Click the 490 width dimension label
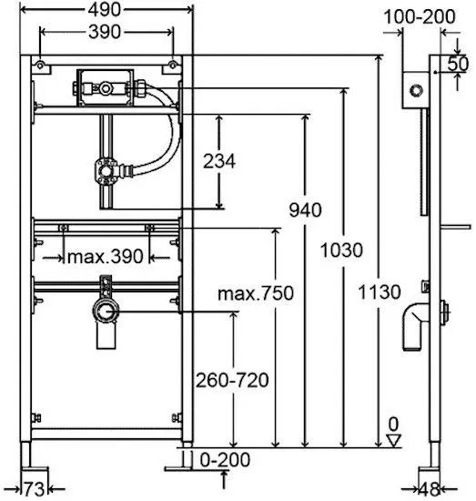pos(105,10)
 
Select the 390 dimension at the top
pos(105,32)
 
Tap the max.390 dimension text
pos(106,256)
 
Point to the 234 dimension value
pos(219,161)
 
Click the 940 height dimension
pos(305,210)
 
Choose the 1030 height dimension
pos(341,250)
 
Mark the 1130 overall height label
pos(380,291)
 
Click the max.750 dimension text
pos(256,293)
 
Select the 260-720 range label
pos(232,380)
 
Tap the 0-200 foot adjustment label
pos(225,459)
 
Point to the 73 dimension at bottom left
pos(35,489)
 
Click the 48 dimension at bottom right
pos(429,489)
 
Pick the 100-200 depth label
pos(420,16)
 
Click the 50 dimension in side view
pos(458,64)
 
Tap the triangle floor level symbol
pos(393,440)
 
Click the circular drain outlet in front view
pos(106,311)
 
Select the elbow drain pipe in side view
pos(414,326)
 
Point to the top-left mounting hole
pos(40,66)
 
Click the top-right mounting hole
pos(172,66)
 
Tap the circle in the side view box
pos(416,90)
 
